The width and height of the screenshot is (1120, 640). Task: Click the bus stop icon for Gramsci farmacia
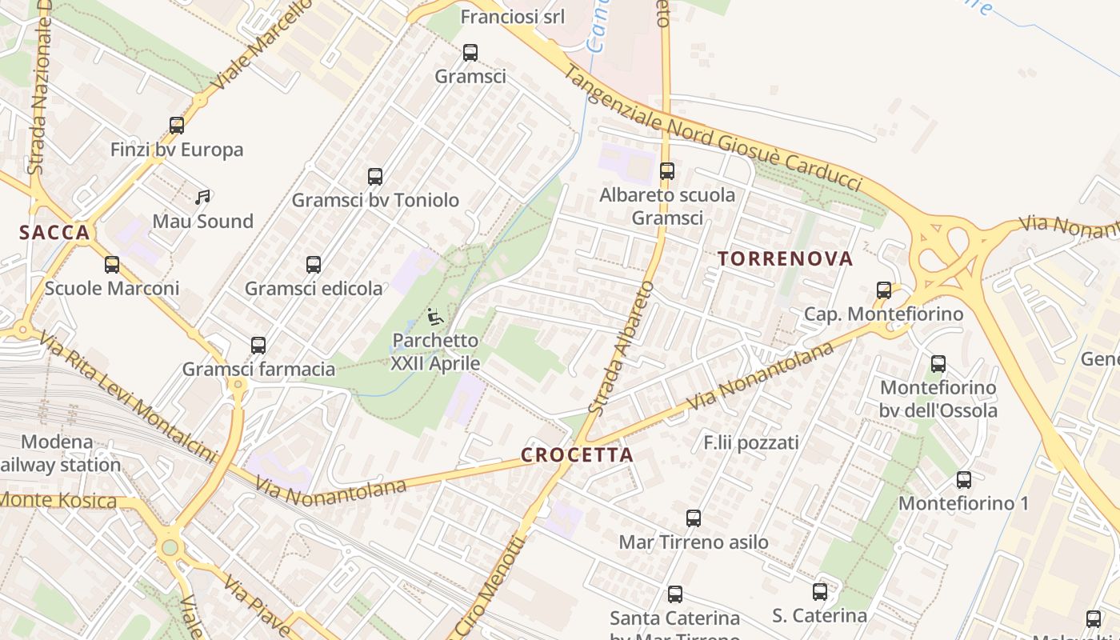coord(258,346)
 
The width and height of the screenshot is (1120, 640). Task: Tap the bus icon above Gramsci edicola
coord(314,264)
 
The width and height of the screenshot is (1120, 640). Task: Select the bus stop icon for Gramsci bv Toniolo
coord(375,177)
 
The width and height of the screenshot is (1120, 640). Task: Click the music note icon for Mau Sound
coord(202,197)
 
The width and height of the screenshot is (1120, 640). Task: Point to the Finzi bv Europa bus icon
coord(177,126)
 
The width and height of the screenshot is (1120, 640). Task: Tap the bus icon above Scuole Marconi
coord(112,264)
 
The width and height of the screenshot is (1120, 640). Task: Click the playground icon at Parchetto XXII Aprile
coord(435,317)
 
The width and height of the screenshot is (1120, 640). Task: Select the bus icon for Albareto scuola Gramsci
coord(667,171)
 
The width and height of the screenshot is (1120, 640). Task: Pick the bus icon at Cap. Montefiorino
coord(884,290)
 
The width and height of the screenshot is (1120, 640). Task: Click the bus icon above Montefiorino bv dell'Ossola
coord(938,364)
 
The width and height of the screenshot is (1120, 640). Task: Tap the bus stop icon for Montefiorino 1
coord(964,480)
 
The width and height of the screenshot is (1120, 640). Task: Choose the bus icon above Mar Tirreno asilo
coord(694,518)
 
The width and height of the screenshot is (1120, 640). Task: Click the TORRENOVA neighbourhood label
coord(786,258)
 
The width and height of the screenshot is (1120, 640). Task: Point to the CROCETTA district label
coord(577,455)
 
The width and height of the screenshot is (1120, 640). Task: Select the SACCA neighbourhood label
coord(54,233)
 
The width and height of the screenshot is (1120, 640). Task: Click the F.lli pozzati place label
coord(751,442)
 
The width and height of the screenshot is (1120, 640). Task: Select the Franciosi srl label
coord(513,17)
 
